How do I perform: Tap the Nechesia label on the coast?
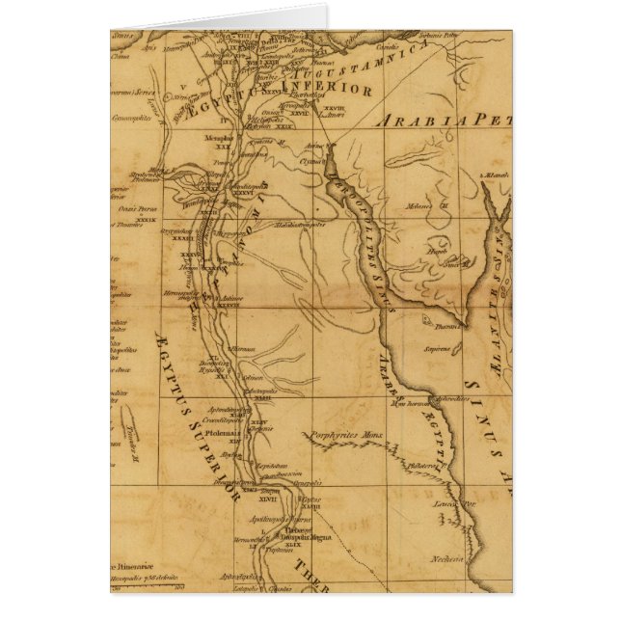[x=445, y=558]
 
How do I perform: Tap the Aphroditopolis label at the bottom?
[x=238, y=577]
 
